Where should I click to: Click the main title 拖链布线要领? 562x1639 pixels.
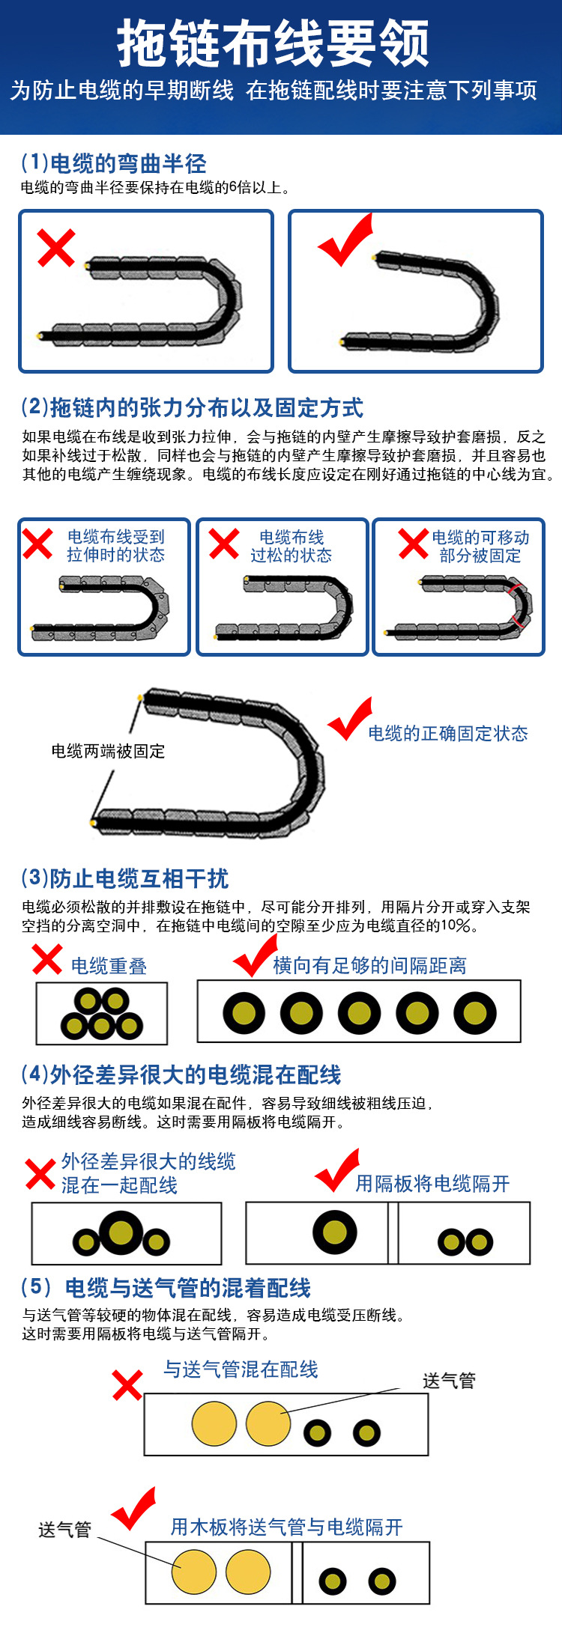(x=274, y=44)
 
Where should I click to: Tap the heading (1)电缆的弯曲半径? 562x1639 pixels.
(x=113, y=162)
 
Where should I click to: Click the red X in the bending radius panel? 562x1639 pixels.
(x=56, y=248)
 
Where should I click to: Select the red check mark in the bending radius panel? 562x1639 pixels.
(x=346, y=240)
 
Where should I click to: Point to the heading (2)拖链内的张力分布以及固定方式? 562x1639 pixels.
(x=192, y=407)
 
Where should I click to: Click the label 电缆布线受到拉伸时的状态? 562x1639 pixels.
(x=115, y=546)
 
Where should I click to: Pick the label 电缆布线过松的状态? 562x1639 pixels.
(x=291, y=547)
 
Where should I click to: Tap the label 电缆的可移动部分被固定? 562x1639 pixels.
(x=480, y=547)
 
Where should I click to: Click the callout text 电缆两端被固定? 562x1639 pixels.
(x=108, y=751)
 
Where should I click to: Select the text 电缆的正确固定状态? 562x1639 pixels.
(x=447, y=734)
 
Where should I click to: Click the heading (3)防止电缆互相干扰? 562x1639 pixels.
(x=124, y=878)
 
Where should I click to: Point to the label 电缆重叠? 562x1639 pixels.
(x=109, y=967)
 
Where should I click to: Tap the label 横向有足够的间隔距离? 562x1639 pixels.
(x=369, y=966)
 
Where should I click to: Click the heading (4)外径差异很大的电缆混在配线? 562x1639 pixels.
(x=181, y=1074)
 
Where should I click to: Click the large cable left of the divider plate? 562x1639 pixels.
(x=335, y=1232)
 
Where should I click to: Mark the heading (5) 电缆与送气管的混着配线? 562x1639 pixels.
(x=166, y=1288)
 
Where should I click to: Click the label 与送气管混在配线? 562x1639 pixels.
(x=241, y=1369)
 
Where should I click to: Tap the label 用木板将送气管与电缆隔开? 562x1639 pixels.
(x=286, y=1527)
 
